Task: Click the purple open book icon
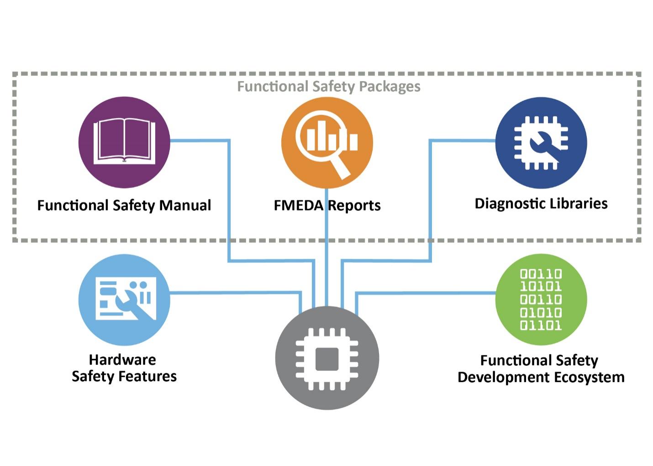(124, 142)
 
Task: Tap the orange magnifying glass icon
(326, 142)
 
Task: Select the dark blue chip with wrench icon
(541, 142)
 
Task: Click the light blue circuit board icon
(124, 299)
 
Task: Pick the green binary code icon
(541, 299)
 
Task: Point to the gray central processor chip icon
(327, 358)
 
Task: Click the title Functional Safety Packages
(328, 86)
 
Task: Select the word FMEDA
(299, 205)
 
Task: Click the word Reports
(354, 205)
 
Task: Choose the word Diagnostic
(506, 204)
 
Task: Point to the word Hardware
(122, 360)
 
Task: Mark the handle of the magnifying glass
(340, 168)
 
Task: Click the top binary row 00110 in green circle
(541, 274)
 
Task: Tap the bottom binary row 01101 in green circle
(541, 325)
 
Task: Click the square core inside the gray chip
(327, 359)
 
